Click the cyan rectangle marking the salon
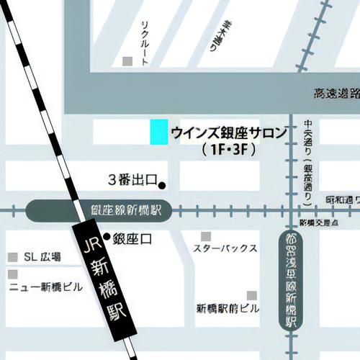coord(158,132)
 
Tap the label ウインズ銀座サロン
coord(229,132)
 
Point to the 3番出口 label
coord(132,179)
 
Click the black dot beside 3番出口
coord(162,186)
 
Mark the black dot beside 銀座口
coord(107,236)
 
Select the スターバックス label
coord(225,248)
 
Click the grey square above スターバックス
coord(206,236)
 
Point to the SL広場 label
coord(42,257)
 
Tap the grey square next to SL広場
coord(12,257)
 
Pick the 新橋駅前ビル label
coord(228,308)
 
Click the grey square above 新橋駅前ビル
coord(252,295)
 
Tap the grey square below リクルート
coord(127,61)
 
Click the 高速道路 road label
coord(336,94)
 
